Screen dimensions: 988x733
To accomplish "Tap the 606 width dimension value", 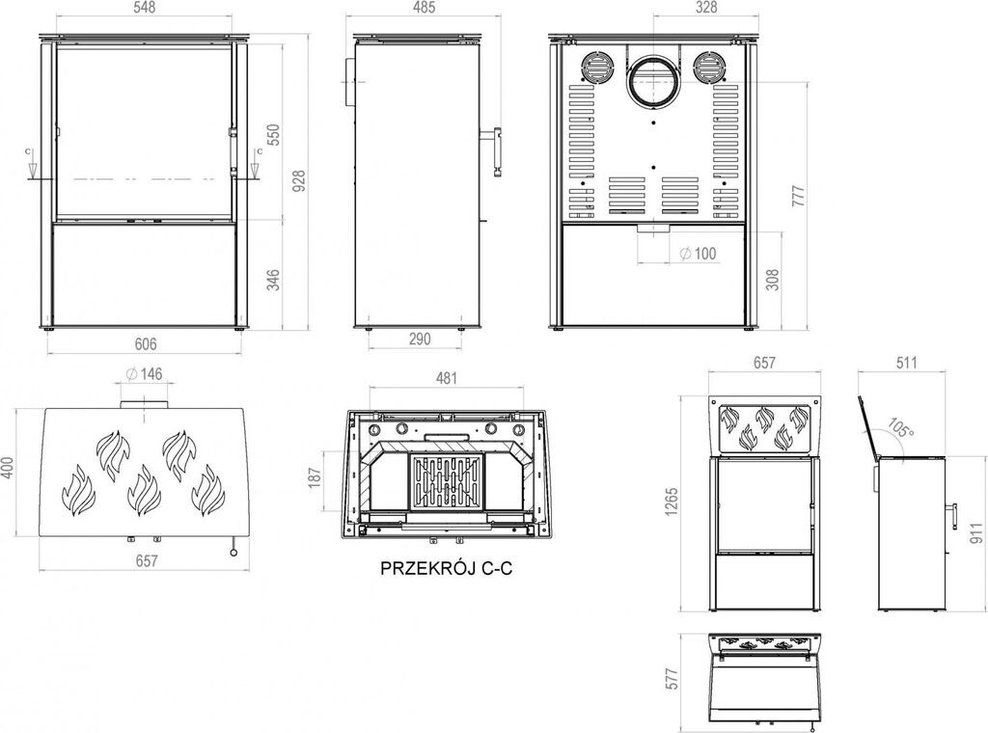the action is pos(146,343).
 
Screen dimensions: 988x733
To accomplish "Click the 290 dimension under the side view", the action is pos(420,339).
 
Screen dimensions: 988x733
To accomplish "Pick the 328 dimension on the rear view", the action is pos(705,8).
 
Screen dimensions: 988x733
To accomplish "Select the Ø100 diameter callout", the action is pos(699,253).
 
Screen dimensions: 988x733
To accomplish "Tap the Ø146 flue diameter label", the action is pos(145,374).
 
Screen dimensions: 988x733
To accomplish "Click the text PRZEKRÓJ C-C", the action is pos(446,568).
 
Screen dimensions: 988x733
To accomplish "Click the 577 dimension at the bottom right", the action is pos(672,679).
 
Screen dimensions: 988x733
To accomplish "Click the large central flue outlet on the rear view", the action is pos(653,81).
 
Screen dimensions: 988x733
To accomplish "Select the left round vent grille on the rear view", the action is pos(596,67).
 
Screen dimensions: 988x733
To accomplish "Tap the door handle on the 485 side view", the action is pos(493,151).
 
